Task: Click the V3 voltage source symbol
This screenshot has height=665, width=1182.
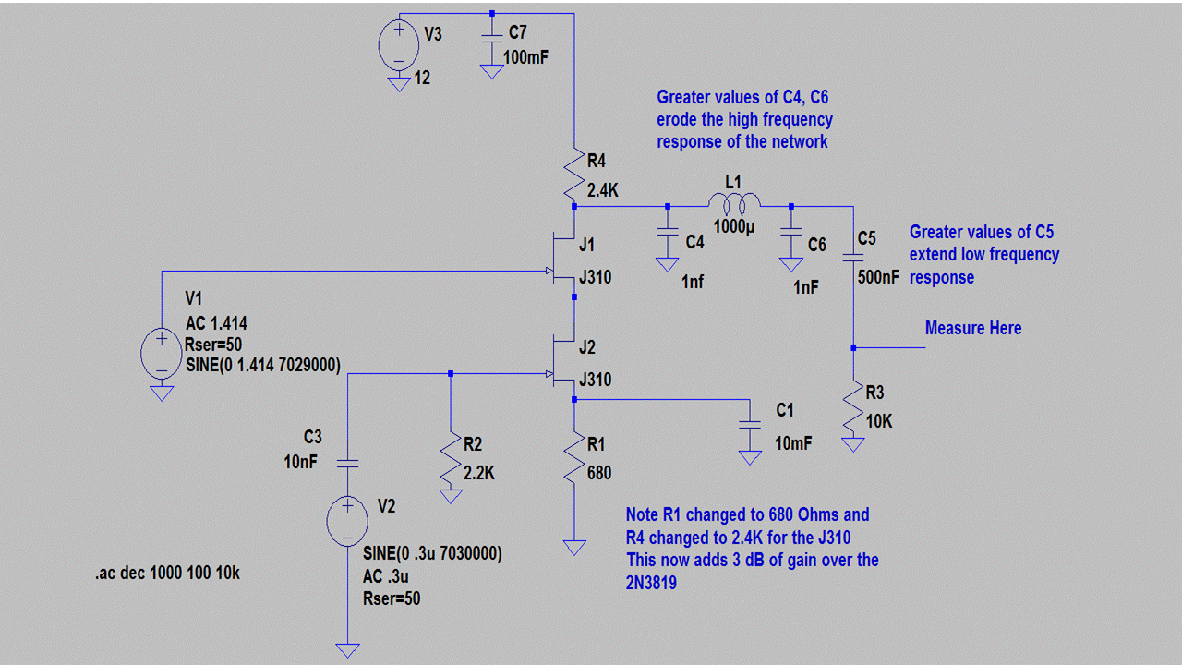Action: (x=399, y=43)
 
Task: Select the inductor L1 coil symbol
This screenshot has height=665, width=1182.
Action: (x=734, y=201)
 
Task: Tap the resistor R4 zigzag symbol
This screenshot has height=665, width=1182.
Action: (x=574, y=175)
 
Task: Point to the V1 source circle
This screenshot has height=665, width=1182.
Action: (x=162, y=352)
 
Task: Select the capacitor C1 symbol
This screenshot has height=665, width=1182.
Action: (x=750, y=426)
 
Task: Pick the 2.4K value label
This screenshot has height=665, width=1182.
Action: (x=603, y=191)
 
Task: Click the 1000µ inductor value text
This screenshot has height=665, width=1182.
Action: (x=734, y=227)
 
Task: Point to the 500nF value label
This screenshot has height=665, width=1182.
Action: (x=878, y=276)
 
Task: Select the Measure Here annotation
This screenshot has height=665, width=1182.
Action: (x=973, y=329)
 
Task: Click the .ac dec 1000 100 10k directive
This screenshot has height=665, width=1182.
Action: (x=167, y=573)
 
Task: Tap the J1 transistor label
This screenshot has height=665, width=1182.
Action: (x=586, y=245)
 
